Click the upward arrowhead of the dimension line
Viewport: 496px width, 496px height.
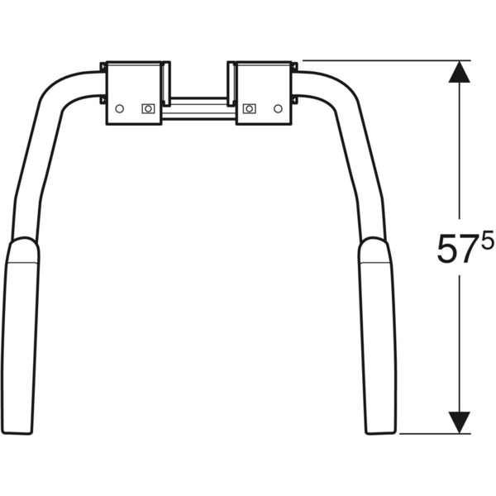point(460,72)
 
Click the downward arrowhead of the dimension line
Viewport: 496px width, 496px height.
point(460,422)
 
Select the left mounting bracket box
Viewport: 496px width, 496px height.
point(134,93)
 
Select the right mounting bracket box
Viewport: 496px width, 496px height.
point(264,93)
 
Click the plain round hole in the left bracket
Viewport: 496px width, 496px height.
point(119,109)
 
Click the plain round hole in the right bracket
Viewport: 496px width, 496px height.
point(278,109)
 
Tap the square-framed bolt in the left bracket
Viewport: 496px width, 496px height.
point(148,109)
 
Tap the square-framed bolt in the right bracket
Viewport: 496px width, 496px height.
point(250,109)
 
